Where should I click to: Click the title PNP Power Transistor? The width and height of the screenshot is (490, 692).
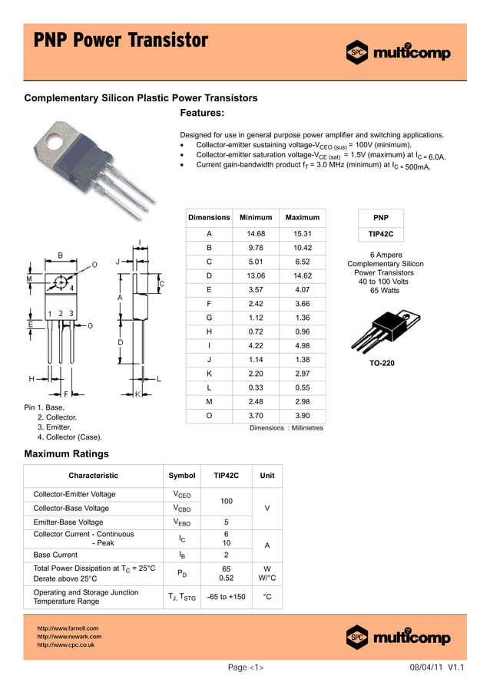121,40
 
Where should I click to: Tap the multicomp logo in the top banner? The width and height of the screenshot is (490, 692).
398,53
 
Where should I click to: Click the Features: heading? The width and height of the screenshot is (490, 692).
202,113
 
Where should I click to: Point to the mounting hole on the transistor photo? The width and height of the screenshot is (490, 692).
55,141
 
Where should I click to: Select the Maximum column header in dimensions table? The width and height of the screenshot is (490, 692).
302,218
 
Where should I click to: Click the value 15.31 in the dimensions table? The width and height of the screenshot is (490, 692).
302,233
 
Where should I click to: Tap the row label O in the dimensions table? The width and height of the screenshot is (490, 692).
209,415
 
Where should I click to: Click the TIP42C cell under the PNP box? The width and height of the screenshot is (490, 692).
381,233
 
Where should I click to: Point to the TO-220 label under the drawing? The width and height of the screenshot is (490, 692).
382,363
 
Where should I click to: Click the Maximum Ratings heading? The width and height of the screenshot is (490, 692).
67,454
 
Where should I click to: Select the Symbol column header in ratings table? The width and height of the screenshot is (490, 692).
182,476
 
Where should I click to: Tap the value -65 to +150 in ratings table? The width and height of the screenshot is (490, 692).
227,597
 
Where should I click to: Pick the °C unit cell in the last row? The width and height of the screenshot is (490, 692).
267,597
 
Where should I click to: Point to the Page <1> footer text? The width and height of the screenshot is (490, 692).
246,667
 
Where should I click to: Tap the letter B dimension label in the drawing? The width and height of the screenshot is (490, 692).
61,255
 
